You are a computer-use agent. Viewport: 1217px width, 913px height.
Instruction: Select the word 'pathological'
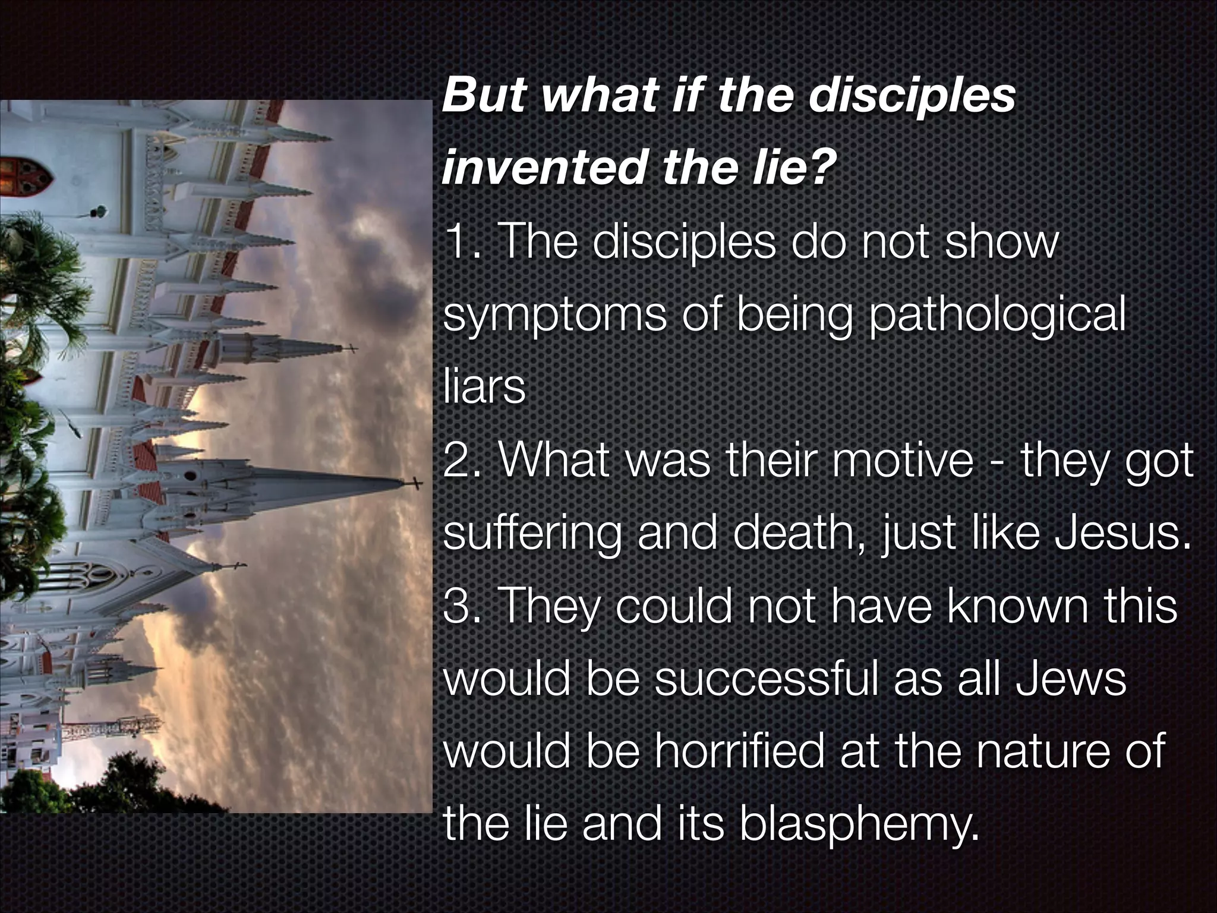pyautogui.click(x=997, y=316)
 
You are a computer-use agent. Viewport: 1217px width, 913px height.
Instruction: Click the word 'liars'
pyautogui.click(x=484, y=388)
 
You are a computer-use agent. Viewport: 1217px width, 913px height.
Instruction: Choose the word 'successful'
pyautogui.click(x=766, y=679)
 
